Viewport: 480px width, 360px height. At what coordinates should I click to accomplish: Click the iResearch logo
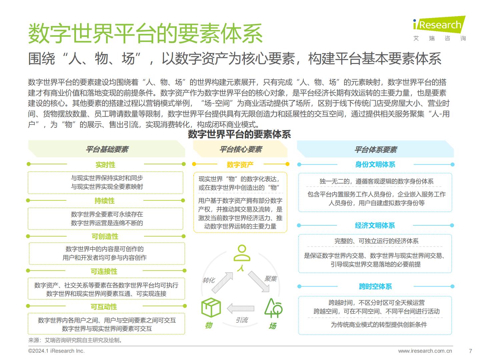[x=439, y=28]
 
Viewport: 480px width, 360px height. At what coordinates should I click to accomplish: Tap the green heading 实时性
[x=105, y=165]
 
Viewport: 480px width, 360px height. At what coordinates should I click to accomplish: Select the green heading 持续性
[x=104, y=201]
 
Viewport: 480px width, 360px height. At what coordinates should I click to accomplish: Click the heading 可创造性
[x=105, y=237]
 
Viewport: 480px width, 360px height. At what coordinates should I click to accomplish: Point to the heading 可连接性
[x=104, y=271]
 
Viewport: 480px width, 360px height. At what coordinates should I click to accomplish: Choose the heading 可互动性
[x=104, y=307]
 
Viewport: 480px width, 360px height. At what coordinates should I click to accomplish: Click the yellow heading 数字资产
[x=240, y=165]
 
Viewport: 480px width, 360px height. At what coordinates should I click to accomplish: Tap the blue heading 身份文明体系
[x=375, y=164]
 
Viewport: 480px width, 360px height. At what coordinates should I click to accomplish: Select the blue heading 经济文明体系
[x=375, y=225]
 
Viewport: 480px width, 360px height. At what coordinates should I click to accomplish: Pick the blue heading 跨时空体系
[x=375, y=286]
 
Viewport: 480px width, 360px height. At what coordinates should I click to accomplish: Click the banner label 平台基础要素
[x=107, y=149]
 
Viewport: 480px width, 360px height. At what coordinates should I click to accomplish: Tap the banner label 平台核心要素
[x=241, y=149]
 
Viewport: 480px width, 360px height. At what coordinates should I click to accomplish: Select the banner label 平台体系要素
[x=376, y=150]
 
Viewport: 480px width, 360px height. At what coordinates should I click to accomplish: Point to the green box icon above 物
[x=211, y=308]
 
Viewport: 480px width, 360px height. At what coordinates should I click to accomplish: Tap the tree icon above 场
[x=273, y=308]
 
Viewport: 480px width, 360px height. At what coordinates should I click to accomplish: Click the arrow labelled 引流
[x=240, y=308]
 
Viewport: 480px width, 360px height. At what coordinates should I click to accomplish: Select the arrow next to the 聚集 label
[x=258, y=282]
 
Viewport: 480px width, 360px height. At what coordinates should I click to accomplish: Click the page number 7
[x=471, y=351]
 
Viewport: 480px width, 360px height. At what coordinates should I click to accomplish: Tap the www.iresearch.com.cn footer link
[x=425, y=351]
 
